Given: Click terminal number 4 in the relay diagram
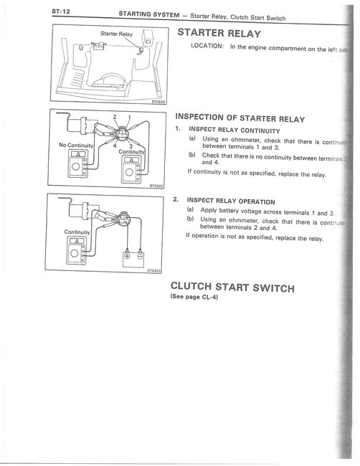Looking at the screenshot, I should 114,146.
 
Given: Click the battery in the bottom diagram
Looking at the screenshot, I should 136,255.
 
